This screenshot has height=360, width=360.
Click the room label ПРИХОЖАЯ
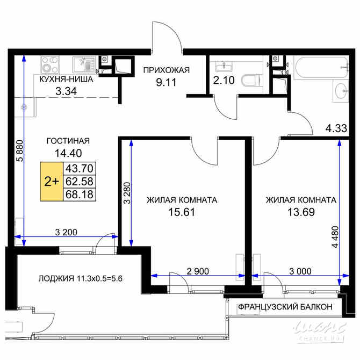tap(166, 70)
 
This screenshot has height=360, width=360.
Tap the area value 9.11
tap(167, 82)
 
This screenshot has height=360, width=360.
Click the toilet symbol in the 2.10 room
tap(249, 81)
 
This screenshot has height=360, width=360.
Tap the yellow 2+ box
tap(52, 182)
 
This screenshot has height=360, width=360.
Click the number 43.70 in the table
tap(78, 169)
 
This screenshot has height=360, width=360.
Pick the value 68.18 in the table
tap(78, 193)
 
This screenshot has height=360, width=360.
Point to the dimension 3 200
tap(67, 232)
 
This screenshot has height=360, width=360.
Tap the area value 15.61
tap(181, 212)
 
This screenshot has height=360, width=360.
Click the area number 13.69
tap(301, 212)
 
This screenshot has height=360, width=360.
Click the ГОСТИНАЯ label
tap(68, 141)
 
